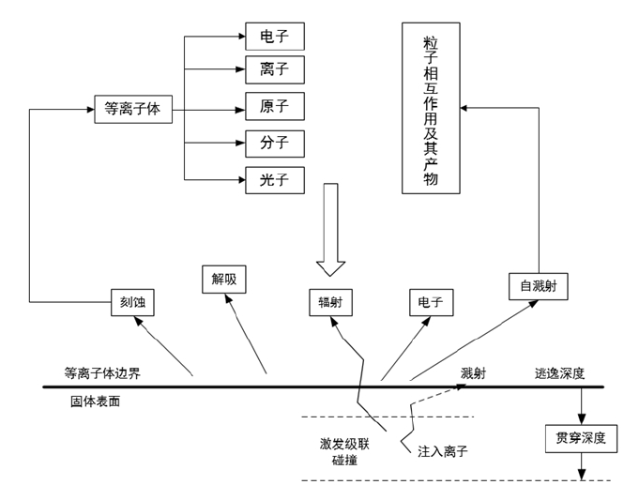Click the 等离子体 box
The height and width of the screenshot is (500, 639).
(132, 109)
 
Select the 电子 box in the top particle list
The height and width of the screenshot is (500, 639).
(275, 38)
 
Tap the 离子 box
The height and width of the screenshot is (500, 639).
(275, 71)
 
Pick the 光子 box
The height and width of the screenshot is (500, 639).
(275, 179)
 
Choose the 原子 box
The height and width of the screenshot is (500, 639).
(275, 107)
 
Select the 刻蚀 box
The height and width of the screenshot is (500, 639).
(130, 302)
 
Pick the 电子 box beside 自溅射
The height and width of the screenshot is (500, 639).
(431, 302)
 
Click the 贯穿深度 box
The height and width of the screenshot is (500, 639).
(581, 437)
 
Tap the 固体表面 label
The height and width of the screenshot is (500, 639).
(95, 402)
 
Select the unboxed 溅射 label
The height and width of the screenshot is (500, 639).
(473, 373)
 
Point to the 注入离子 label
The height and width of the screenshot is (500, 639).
(443, 451)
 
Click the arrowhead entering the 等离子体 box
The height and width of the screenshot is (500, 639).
(90, 109)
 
